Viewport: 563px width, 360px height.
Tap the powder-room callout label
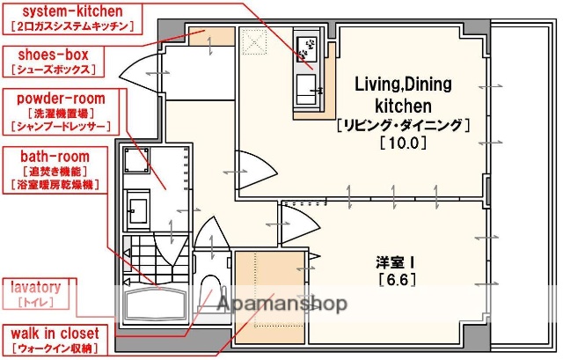click(x=58, y=98)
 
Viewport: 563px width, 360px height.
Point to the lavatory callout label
click(x=35, y=287)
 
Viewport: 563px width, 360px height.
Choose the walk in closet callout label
click(x=56, y=334)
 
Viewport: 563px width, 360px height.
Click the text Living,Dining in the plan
click(x=402, y=84)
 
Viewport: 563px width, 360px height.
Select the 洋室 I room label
click(x=397, y=262)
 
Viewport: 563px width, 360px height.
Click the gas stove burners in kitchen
click(x=309, y=51)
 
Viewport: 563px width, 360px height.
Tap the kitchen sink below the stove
click(x=309, y=87)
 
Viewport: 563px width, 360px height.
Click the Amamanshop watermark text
click(x=281, y=304)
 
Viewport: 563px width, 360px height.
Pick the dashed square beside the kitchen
click(x=253, y=41)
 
